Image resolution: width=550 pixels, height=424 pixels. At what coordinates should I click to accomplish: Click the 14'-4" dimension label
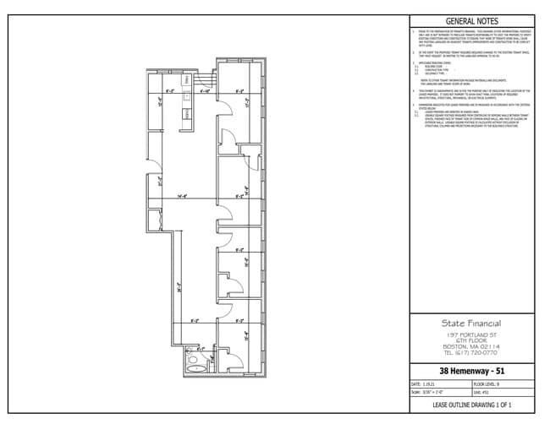point(181,197)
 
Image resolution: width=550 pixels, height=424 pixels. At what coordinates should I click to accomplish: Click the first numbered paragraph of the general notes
point(475,37)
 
